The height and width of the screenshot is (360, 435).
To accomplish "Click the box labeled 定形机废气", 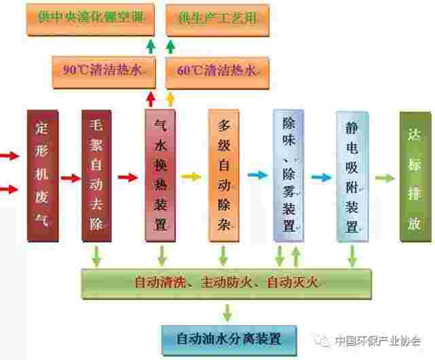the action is click(43, 175).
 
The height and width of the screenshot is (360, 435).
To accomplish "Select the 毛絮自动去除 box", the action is click(97, 175).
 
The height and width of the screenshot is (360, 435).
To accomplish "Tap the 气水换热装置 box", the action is click(160, 175).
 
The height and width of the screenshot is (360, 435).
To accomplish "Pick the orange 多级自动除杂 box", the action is click(224, 175).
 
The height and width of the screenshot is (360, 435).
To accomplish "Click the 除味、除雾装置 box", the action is click(288, 175).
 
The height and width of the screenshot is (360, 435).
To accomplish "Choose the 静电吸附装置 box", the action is click(352, 177).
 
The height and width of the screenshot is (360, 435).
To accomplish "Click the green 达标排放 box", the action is click(415, 177).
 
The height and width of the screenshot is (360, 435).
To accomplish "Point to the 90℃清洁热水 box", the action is click(104, 73).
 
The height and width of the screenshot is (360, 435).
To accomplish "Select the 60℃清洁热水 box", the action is click(217, 73).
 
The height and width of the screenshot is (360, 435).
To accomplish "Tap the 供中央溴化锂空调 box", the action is click(90, 20).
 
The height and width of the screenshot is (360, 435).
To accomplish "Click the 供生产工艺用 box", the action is click(217, 20).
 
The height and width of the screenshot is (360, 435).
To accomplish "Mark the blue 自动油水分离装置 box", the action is click(229, 340).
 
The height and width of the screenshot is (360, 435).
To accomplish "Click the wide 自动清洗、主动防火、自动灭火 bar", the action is click(226, 283).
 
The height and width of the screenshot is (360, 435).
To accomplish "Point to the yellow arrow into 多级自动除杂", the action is click(191, 177).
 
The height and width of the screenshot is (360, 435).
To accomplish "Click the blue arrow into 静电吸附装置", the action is click(321, 177).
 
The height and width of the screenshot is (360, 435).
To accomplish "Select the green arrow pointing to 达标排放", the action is click(385, 178).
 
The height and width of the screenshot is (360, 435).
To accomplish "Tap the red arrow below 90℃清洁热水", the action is click(151, 99).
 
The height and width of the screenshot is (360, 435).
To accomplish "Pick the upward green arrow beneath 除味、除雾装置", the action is click(296, 257).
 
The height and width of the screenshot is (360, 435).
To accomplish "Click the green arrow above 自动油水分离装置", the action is click(228, 313).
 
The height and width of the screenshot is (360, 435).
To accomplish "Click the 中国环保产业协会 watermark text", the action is click(378, 341).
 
